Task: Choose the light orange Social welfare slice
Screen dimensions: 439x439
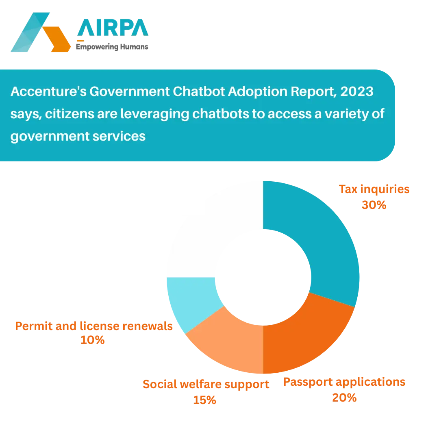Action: pyautogui.click(x=228, y=341)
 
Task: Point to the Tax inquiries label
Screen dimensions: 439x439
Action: pyautogui.click(x=374, y=190)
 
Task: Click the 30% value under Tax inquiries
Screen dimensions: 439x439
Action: pyautogui.click(x=374, y=205)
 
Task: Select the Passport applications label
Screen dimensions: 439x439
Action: pyautogui.click(x=344, y=382)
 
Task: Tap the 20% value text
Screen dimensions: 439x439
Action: pyautogui.click(x=344, y=398)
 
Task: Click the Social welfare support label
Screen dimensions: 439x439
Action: pyautogui.click(x=206, y=385)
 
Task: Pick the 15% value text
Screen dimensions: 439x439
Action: pyautogui.click(x=204, y=400)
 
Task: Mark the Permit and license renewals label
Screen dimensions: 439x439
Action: pyautogui.click(x=94, y=326)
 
